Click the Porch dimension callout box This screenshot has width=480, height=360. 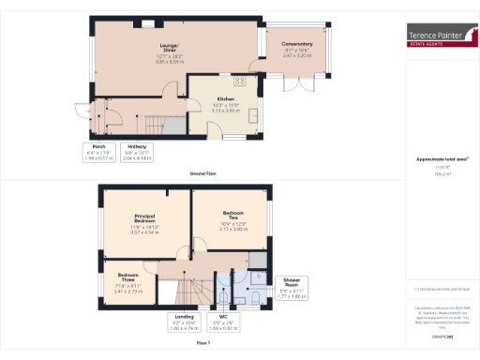pyautogui.click(x=98, y=153)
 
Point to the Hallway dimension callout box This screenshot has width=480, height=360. pyautogui.click(x=136, y=153)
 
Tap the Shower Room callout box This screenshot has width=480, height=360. pyautogui.click(x=292, y=288)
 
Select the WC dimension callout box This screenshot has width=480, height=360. pyautogui.click(x=224, y=324)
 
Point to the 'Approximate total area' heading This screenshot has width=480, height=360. pyautogui.click(x=435, y=158)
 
